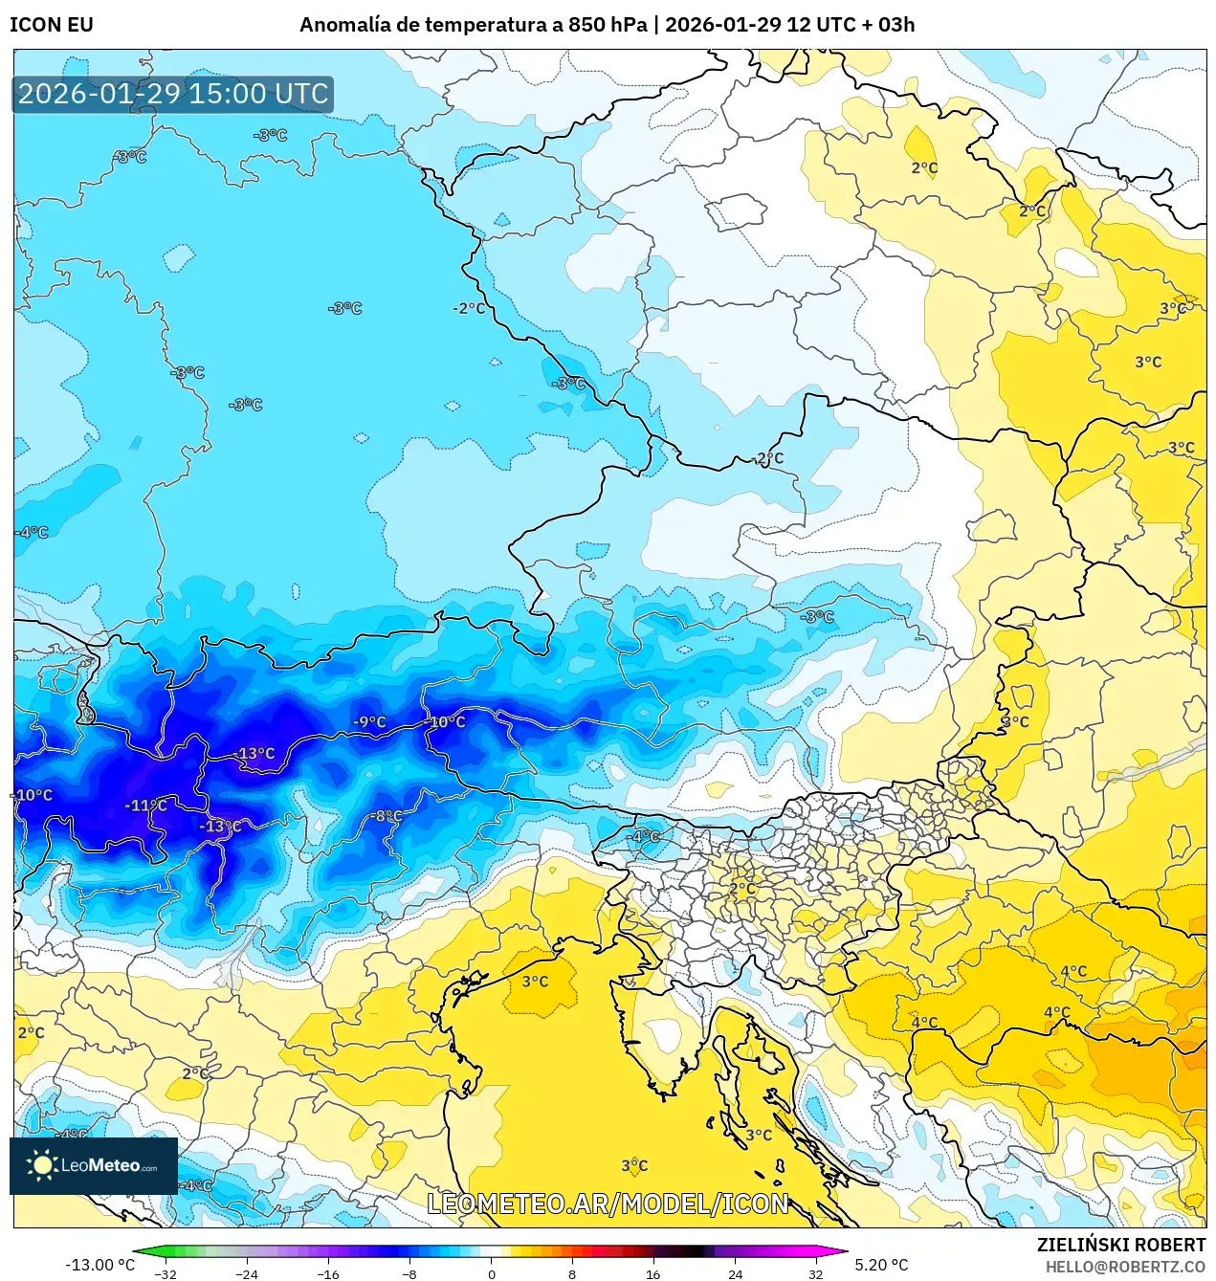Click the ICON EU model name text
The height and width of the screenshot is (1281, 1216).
pyautogui.click(x=52, y=25)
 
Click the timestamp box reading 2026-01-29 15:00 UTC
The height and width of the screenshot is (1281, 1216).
pyautogui.click(x=173, y=94)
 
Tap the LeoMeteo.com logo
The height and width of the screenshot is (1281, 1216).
pyautogui.click(x=94, y=1165)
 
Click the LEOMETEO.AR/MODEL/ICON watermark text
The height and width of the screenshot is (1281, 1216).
pyautogui.click(x=608, y=1204)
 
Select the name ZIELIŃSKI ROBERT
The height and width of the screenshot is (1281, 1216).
pyautogui.click(x=1121, y=1245)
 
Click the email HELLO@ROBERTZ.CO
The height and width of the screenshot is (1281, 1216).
pyautogui.click(x=1125, y=1266)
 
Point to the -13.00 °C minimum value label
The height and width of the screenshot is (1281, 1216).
pyautogui.click(x=99, y=1265)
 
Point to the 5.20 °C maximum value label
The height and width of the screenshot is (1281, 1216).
pyautogui.click(x=881, y=1265)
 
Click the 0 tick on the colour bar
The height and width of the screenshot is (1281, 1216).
pyautogui.click(x=492, y=1273)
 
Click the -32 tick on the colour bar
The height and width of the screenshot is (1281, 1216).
pyautogui.click(x=166, y=1273)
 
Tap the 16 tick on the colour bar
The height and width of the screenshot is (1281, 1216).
pyautogui.click(x=653, y=1273)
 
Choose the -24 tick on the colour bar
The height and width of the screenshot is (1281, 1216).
pyautogui.click(x=247, y=1273)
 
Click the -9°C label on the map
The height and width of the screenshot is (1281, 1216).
pyautogui.click(x=369, y=722)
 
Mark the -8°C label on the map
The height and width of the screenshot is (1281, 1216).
pyautogui.click(x=387, y=816)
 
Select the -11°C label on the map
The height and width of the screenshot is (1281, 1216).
pyautogui.click(x=145, y=806)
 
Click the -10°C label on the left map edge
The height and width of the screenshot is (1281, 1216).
pyautogui.click(x=33, y=795)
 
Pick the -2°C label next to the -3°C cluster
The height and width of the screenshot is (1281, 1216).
pyautogui.click(x=469, y=308)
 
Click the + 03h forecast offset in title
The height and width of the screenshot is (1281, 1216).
pyautogui.click(x=889, y=25)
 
